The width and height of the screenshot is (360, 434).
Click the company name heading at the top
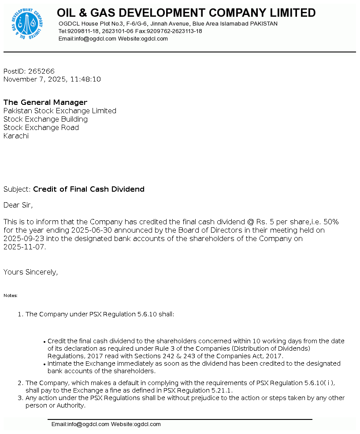point(186,13)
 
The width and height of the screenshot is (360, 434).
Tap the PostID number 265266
point(41,71)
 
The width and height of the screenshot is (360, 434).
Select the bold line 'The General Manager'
point(45,103)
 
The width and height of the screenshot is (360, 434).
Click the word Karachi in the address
point(16,136)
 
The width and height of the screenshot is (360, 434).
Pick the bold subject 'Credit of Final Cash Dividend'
point(89,189)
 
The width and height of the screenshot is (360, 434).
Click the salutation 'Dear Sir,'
point(18,205)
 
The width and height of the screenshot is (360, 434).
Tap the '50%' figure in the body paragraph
point(331,222)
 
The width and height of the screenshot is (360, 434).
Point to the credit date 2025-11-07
point(24,247)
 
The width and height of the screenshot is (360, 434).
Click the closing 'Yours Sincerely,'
point(30,272)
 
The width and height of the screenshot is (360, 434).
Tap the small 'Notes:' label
point(11,296)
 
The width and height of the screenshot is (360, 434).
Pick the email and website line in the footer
point(106,424)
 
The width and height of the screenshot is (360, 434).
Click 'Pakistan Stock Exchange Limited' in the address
point(60,111)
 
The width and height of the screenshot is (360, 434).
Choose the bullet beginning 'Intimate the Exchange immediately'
point(194,364)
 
